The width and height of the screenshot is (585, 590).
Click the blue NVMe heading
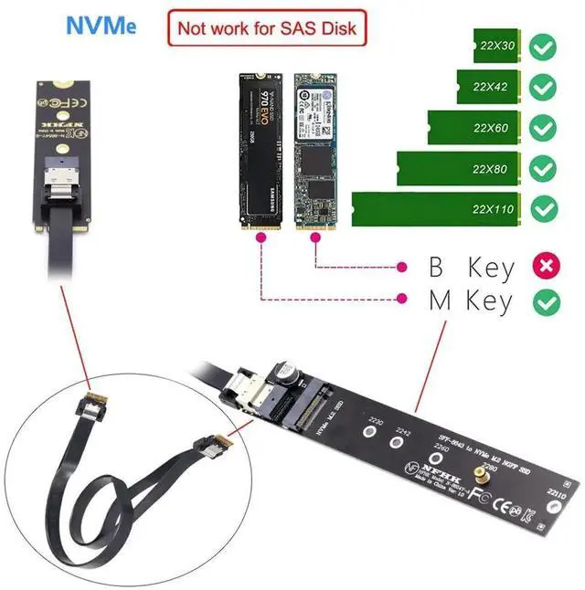101,25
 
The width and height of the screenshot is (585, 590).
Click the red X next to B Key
547,267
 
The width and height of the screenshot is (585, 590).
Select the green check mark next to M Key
547,300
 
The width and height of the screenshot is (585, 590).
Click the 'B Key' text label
472,268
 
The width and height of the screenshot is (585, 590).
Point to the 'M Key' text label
471,300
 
